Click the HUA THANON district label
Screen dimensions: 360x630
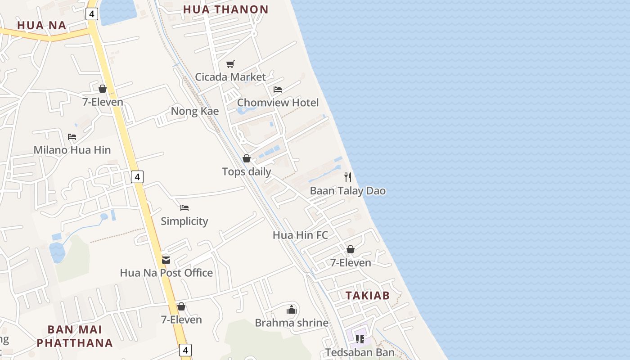(225, 9)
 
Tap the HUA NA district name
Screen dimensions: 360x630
(42, 25)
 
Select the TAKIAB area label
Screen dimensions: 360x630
(367, 295)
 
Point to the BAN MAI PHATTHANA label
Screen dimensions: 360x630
(75, 336)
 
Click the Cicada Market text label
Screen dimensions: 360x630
(230, 77)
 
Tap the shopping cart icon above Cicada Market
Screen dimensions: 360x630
(230, 64)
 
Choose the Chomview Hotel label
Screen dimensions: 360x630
(278, 103)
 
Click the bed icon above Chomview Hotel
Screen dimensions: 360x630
(278, 90)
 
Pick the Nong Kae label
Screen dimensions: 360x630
(195, 111)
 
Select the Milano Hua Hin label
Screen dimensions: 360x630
(72, 150)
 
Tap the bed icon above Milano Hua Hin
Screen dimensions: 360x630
(72, 137)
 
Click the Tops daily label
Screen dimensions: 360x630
(247, 171)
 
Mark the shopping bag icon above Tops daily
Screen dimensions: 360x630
(247, 158)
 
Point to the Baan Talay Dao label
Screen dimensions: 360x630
(348, 191)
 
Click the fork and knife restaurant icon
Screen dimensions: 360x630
(348, 177)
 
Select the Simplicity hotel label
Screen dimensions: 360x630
(184, 221)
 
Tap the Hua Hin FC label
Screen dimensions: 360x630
(300, 235)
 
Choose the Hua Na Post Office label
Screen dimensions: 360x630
(166, 273)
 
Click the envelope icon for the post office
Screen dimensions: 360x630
(166, 260)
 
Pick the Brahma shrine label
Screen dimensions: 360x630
(292, 323)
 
